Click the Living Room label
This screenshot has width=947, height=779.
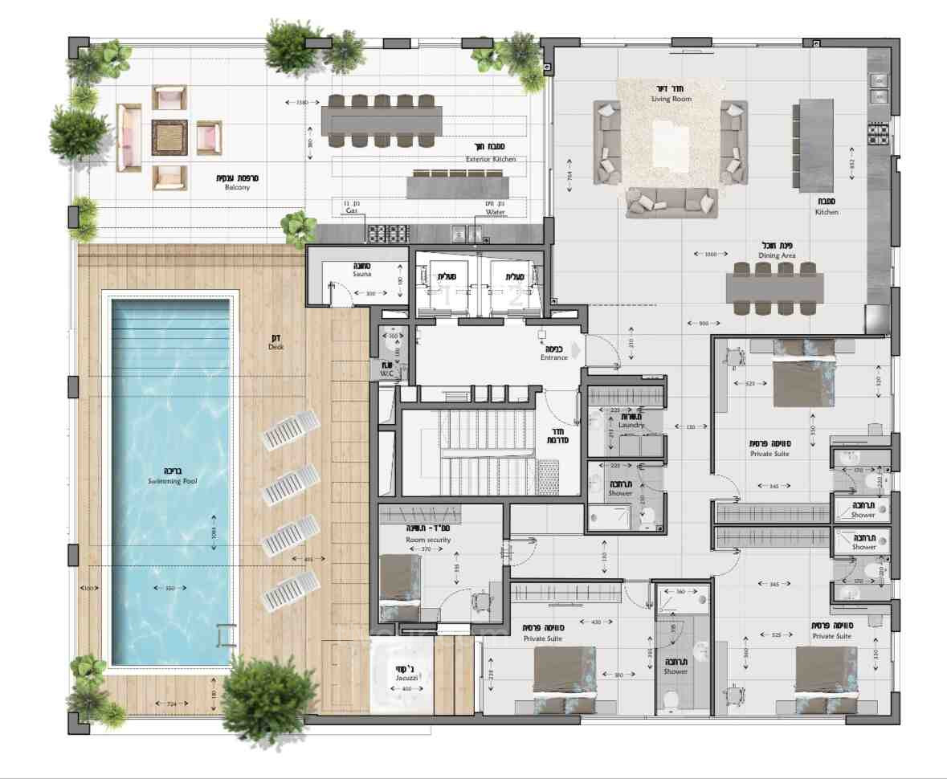(671, 99)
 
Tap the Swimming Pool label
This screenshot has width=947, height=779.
(172, 481)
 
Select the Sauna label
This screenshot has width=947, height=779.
(361, 274)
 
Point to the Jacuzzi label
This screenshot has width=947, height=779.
(403, 679)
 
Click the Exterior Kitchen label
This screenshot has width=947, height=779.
(491, 159)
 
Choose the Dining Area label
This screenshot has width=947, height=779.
(777, 255)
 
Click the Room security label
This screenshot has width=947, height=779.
(427, 540)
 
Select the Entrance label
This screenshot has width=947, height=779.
(554, 357)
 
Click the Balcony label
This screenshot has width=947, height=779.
(237, 187)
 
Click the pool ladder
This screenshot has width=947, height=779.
(226, 635)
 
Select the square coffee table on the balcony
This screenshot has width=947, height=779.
(169, 137)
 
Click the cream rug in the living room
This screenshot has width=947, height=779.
(671, 141)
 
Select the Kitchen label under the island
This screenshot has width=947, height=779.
(827, 212)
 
